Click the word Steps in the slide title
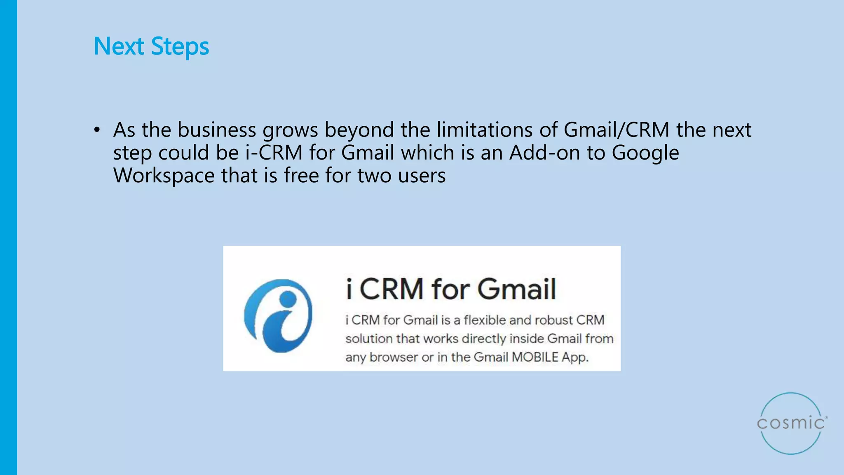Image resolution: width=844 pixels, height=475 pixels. click(180, 46)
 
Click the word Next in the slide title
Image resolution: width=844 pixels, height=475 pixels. click(119, 46)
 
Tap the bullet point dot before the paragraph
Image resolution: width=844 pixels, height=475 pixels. click(97, 130)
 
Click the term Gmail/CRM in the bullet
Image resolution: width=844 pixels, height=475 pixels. click(616, 130)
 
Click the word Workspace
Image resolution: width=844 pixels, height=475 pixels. click(164, 176)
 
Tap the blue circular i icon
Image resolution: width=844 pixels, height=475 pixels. click(279, 315)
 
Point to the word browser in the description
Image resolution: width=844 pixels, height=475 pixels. click(394, 357)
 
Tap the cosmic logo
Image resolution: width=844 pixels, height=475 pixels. click(791, 423)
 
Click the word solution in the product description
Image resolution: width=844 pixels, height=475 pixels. click(369, 339)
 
